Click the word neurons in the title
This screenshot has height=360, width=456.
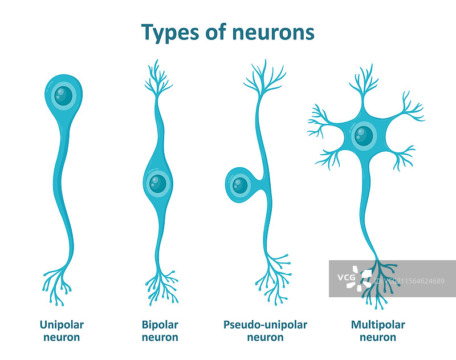click(x=274, y=32)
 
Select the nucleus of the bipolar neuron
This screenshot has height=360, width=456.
click(x=157, y=183)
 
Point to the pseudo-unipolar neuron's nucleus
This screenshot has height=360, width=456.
click(x=240, y=185)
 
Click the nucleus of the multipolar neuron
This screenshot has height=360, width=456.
click(x=363, y=136)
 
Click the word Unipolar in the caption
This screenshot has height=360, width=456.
click(x=62, y=325)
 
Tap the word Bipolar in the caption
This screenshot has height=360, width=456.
click(x=160, y=325)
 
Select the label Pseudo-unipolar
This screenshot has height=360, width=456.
click(x=265, y=325)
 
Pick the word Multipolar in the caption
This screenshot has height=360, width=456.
click(x=378, y=325)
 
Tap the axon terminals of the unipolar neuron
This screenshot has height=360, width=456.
click(x=57, y=282)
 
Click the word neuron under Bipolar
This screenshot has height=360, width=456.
click(x=160, y=337)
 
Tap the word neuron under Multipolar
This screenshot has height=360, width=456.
click(x=378, y=337)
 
